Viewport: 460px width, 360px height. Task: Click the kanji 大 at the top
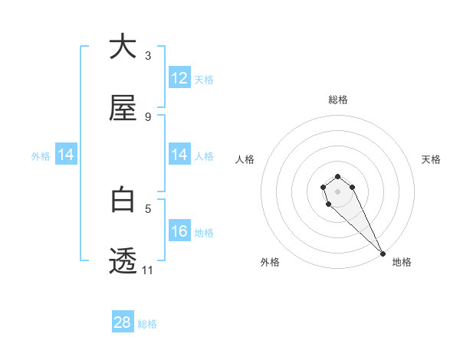click(x=123, y=47)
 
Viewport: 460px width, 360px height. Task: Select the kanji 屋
click(x=123, y=109)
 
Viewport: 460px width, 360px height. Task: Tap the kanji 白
click(x=123, y=200)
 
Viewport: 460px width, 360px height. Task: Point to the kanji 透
click(x=123, y=261)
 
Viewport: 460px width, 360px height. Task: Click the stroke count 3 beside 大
click(x=148, y=56)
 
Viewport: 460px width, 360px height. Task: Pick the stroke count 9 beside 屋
click(x=148, y=117)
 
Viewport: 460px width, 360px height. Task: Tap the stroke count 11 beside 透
click(x=148, y=270)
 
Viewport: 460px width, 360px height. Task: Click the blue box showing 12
click(x=179, y=78)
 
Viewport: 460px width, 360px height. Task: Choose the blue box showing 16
click(x=179, y=231)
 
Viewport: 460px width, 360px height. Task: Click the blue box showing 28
click(x=123, y=322)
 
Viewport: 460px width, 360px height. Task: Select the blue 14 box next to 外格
click(x=66, y=155)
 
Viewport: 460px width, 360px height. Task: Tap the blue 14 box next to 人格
click(x=179, y=155)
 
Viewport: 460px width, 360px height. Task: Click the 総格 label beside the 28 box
click(x=147, y=324)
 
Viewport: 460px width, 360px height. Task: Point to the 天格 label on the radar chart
click(x=431, y=159)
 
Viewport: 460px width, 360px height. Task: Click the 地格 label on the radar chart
click(x=402, y=262)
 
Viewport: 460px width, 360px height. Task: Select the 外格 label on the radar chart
click(x=270, y=262)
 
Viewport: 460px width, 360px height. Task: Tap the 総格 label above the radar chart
click(x=338, y=100)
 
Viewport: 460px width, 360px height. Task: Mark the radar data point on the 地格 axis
click(x=383, y=254)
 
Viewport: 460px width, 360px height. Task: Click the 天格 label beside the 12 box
click(x=204, y=80)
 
